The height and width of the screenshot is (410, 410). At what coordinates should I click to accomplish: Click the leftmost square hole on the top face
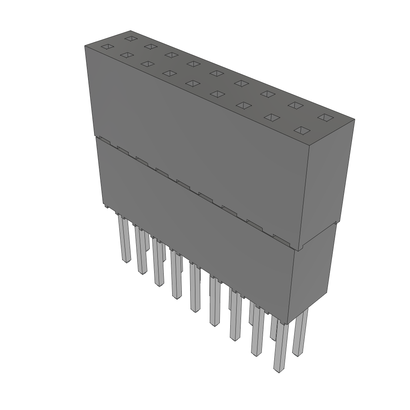click(x=107, y=47)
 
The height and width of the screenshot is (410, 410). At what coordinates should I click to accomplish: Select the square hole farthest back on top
click(x=130, y=38)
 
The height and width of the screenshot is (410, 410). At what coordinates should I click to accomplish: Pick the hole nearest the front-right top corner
click(x=303, y=131)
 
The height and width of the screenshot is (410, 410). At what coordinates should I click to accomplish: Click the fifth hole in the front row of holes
click(x=193, y=83)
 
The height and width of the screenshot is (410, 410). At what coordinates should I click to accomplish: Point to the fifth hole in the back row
click(x=216, y=73)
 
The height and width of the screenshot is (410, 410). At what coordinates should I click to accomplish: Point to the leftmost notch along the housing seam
click(x=105, y=140)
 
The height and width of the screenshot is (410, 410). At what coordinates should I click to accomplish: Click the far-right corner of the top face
click(x=354, y=119)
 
